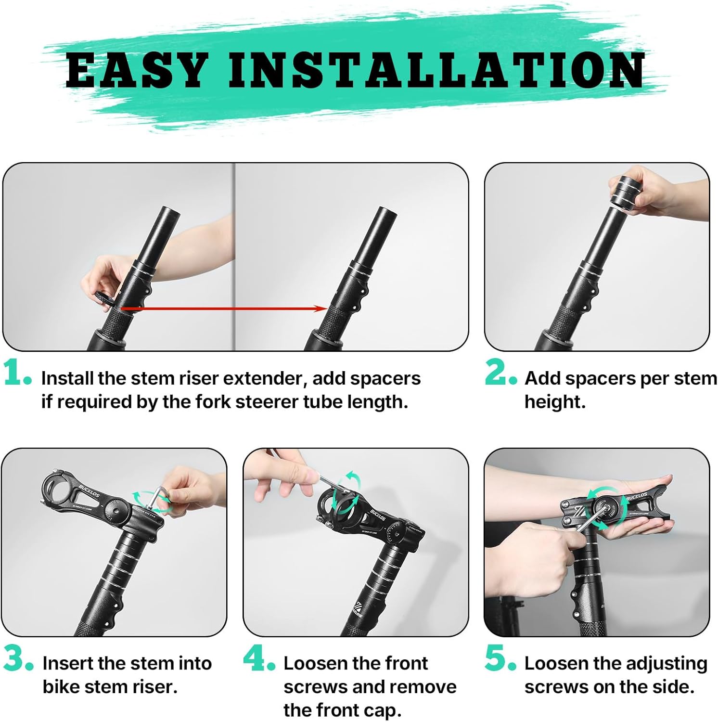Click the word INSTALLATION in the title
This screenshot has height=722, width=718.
(x=437, y=70)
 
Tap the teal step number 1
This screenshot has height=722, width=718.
(x=17, y=373)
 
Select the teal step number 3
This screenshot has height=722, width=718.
(x=19, y=658)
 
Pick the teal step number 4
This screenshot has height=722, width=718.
(x=259, y=658)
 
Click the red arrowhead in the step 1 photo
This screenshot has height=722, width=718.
(x=321, y=309)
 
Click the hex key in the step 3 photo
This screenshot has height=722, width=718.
(x=156, y=498)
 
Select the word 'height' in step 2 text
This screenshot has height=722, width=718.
(x=553, y=402)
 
